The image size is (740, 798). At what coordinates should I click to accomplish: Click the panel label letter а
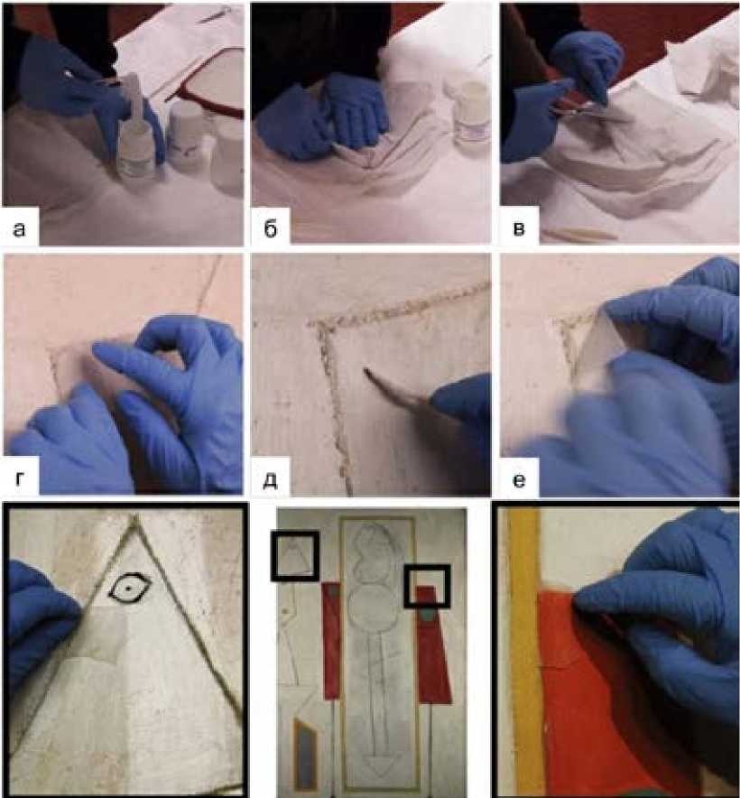pos(19,229)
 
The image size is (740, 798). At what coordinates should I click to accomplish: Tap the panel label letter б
pos(271,229)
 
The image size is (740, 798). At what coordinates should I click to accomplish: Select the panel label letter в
pos(519,229)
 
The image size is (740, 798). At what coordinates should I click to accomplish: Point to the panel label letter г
pos(19,478)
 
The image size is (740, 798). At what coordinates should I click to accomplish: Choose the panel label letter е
pos(519,479)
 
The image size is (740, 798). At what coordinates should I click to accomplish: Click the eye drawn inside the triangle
pos(130,588)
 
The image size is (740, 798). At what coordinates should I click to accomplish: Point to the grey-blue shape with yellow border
pos(305,755)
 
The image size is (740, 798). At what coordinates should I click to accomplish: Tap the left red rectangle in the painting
pos(331,641)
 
